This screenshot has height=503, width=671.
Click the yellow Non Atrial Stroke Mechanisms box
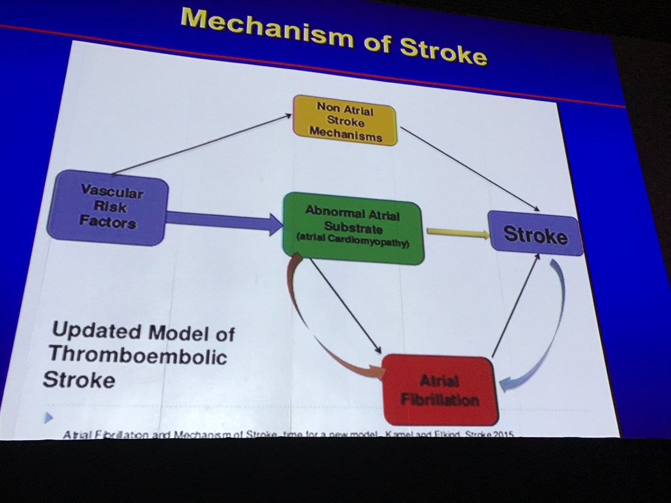[x=345, y=120]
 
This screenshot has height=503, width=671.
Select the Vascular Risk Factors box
[x=107, y=208]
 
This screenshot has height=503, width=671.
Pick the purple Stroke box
[x=535, y=234]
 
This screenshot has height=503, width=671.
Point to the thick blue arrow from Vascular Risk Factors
[x=224, y=222]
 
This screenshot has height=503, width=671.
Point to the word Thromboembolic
[x=137, y=355]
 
